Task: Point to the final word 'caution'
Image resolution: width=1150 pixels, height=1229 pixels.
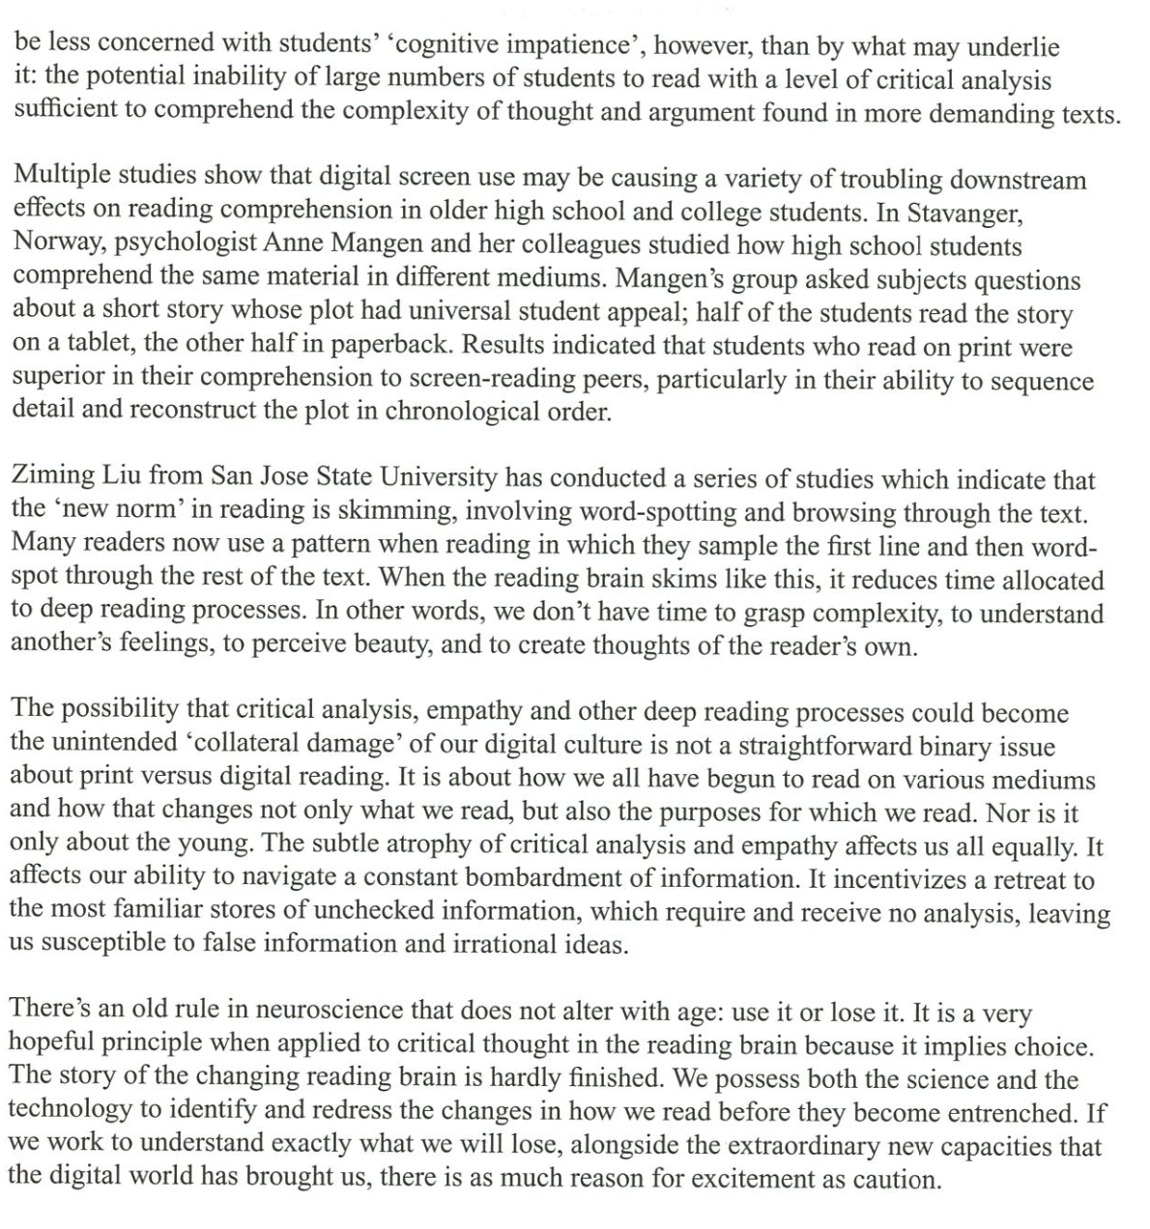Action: (897, 1179)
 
